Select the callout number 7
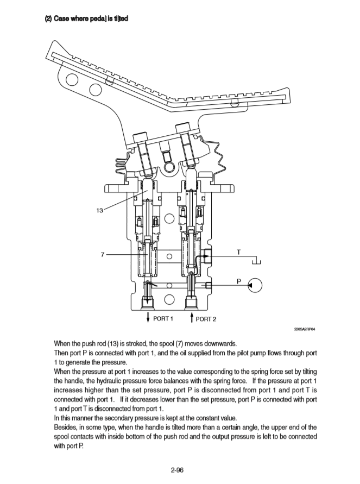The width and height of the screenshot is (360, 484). tap(103, 254)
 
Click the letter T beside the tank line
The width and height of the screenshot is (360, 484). tap(239, 252)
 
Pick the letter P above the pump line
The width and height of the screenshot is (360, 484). tap(239, 280)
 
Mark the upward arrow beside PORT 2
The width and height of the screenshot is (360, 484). tap(191, 317)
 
